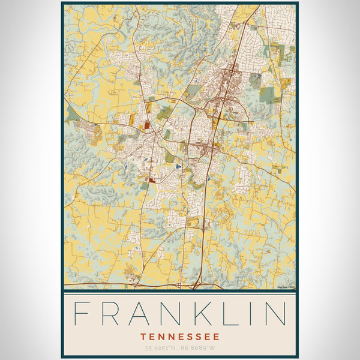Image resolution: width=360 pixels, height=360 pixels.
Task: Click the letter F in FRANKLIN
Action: coord(82,314)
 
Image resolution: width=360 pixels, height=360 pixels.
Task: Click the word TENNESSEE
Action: coord(180,337)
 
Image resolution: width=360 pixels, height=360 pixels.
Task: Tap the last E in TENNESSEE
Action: coord(216,337)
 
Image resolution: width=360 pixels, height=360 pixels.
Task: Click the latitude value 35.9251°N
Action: coord(160,348)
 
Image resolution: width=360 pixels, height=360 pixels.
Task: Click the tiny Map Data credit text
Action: coord(286,287)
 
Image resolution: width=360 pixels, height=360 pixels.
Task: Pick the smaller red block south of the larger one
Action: coord(152,179)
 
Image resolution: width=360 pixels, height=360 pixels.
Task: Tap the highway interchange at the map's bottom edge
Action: coord(197,285)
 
